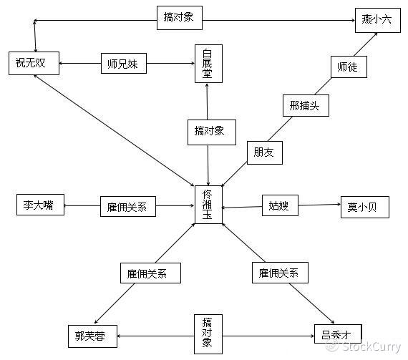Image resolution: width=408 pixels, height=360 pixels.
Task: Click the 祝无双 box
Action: [34, 63]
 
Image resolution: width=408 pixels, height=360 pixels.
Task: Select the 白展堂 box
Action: [209, 64]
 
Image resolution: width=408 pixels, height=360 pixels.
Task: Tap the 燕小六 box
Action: [378, 20]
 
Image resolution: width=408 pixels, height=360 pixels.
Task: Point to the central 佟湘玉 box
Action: [209, 205]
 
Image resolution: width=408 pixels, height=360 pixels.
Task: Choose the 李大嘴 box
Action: [40, 205]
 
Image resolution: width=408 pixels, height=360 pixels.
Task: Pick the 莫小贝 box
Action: [365, 207]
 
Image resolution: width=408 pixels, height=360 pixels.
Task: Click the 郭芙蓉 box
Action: [92, 336]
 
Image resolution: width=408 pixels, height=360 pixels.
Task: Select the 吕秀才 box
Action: [338, 334]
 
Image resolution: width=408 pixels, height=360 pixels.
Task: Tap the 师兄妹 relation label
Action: [124, 63]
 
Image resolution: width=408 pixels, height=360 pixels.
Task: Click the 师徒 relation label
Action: [349, 67]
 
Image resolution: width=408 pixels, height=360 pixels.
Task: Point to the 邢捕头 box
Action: [306, 105]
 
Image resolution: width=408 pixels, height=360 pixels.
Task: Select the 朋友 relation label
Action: [265, 152]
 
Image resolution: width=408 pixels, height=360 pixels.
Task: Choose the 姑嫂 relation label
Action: [280, 205]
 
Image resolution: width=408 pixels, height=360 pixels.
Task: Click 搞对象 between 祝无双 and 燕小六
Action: [180, 18]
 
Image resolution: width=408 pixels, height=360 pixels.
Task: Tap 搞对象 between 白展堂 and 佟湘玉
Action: [212, 132]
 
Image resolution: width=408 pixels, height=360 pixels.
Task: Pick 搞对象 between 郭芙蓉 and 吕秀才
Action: [208, 334]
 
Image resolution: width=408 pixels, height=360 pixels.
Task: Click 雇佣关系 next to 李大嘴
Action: [128, 206]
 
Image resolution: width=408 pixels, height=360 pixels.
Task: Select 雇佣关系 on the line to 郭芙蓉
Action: [150, 273]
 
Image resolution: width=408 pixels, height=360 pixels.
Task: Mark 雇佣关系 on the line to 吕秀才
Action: [281, 273]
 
